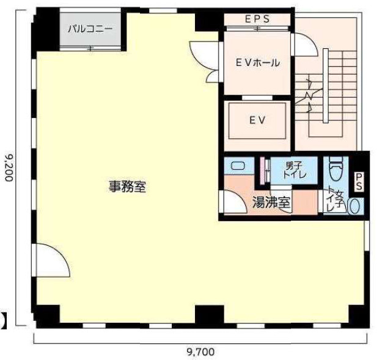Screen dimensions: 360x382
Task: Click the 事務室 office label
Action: (x=127, y=187)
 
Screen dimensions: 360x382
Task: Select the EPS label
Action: (x=257, y=19)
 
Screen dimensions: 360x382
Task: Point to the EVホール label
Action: (x=257, y=62)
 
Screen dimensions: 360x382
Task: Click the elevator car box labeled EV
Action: (x=257, y=120)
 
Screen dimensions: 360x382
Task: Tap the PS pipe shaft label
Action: (x=359, y=182)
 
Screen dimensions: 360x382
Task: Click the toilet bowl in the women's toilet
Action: (x=336, y=167)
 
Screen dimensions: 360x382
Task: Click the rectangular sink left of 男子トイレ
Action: (x=238, y=166)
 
